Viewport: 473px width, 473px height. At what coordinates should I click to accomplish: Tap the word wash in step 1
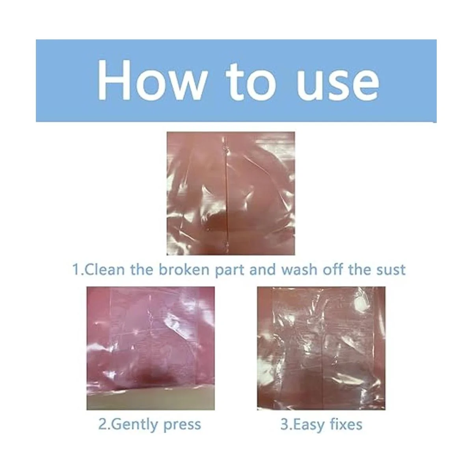click(299, 269)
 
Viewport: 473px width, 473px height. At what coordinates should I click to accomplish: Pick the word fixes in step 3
click(346, 424)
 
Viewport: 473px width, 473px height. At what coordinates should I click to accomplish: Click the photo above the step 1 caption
click(231, 194)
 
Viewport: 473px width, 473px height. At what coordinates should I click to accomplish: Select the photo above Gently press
click(151, 348)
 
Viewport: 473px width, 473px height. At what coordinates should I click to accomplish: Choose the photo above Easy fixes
click(321, 348)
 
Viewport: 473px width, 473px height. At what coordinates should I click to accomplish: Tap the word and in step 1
click(263, 269)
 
